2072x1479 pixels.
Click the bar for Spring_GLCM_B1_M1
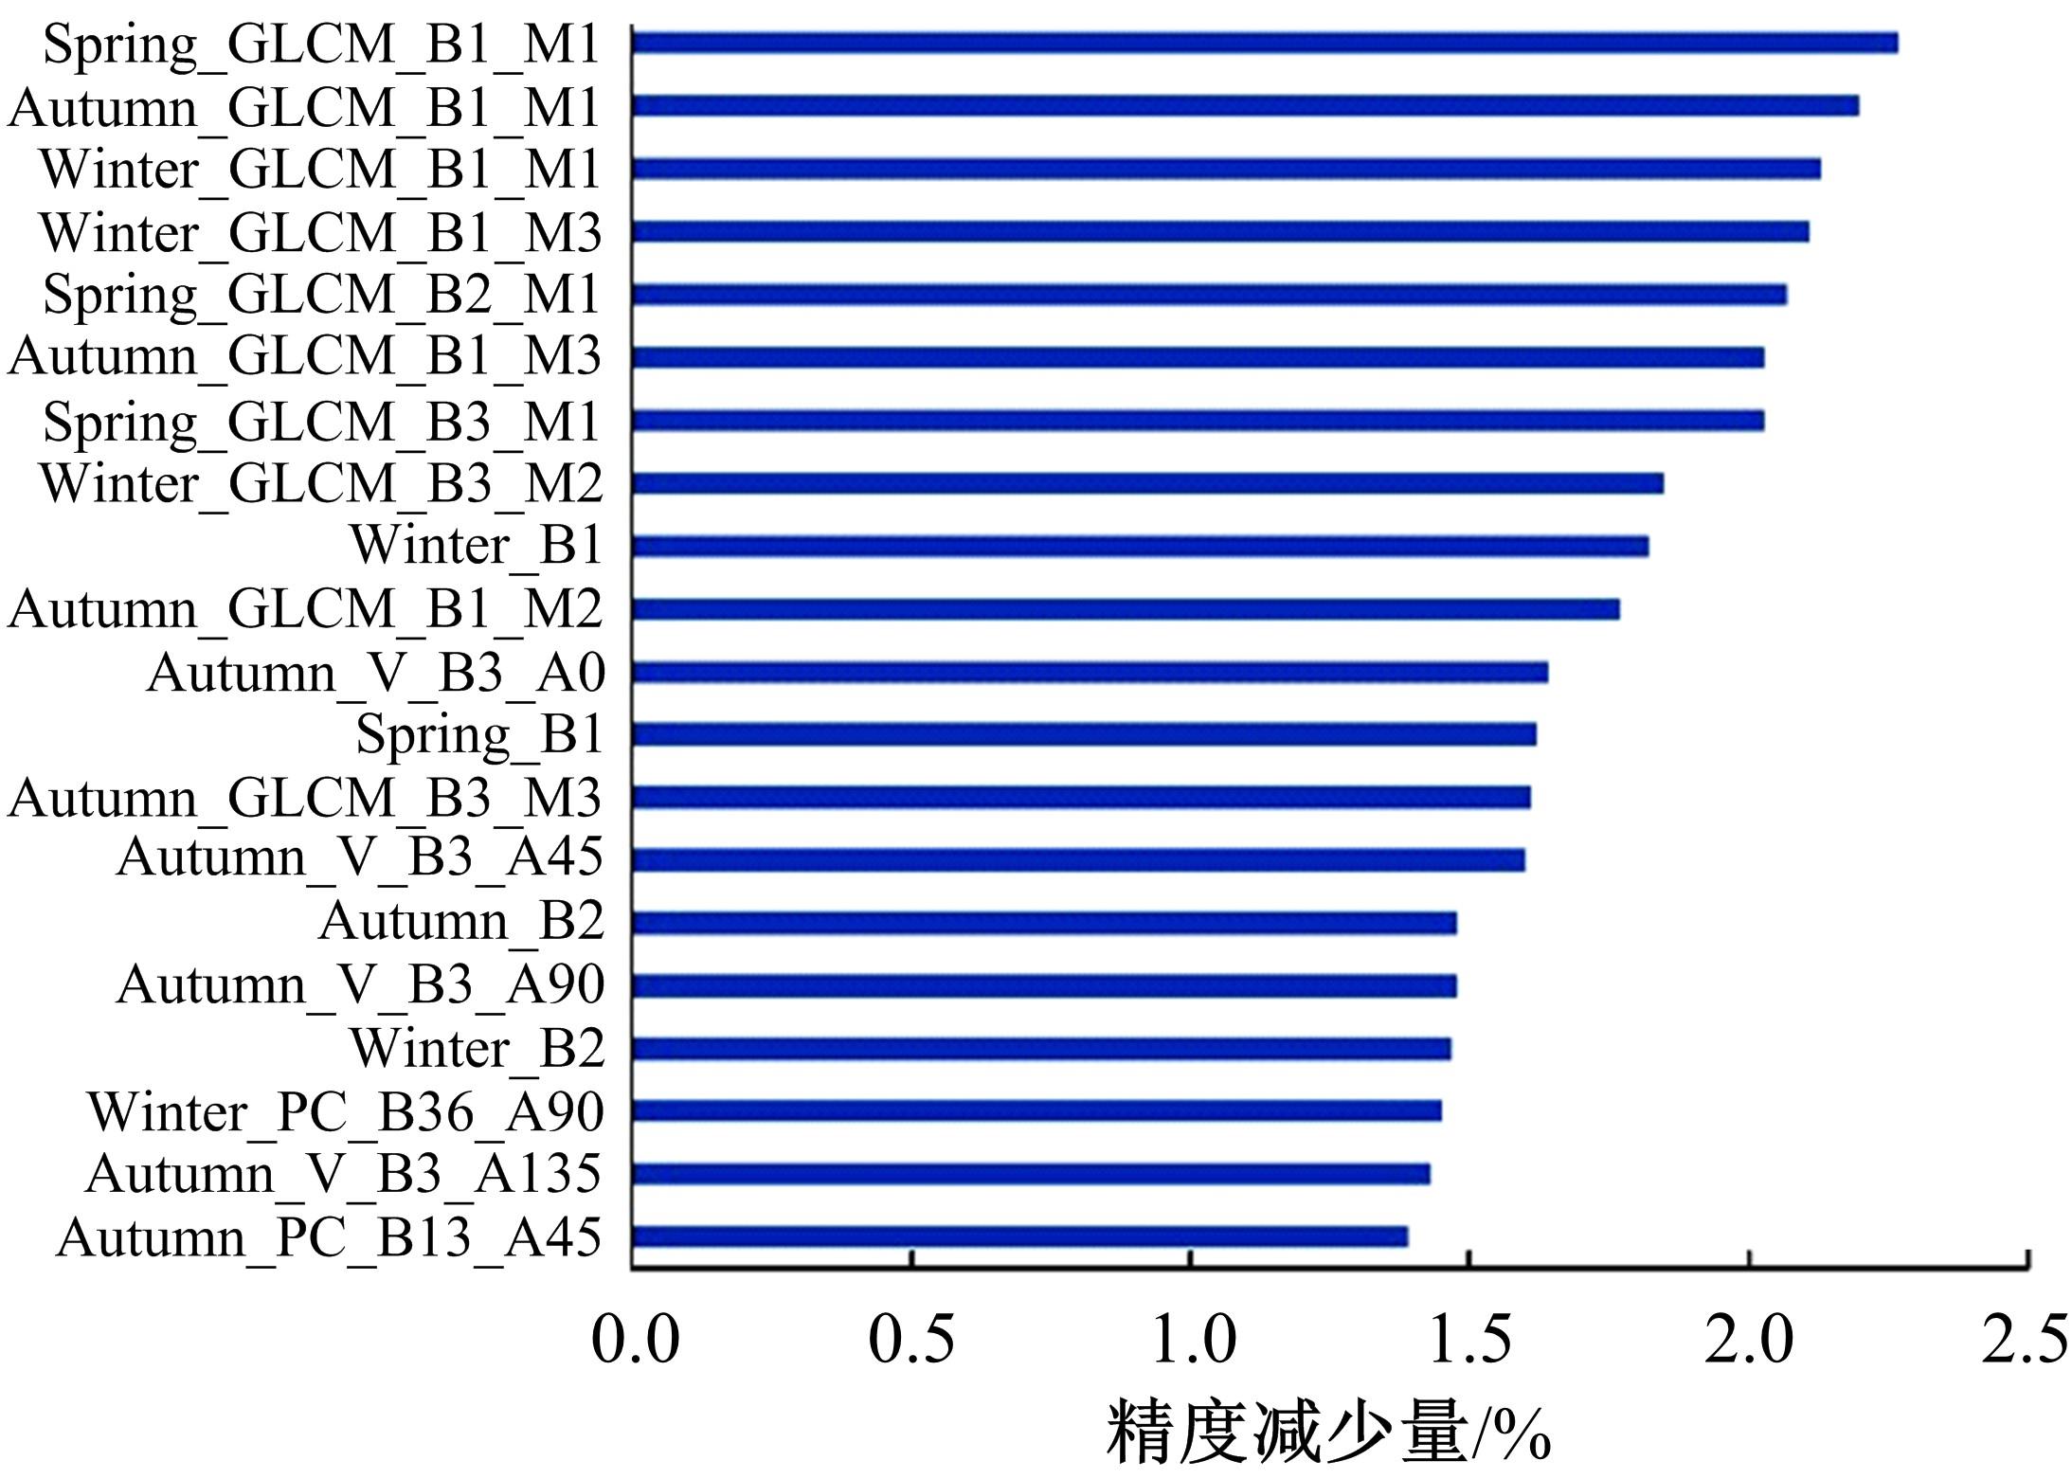tap(1265, 43)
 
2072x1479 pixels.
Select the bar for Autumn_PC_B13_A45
tap(1019, 1236)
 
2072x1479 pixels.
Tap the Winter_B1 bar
tap(1140, 546)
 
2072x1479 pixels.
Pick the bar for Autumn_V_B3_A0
tap(1090, 672)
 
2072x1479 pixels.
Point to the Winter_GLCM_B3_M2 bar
tap(1147, 483)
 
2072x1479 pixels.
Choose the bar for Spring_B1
tap(1084, 734)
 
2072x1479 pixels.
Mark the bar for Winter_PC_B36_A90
tap(1036, 1110)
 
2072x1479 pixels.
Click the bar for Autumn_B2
tap(1044, 923)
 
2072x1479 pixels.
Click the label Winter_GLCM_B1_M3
tap(320, 233)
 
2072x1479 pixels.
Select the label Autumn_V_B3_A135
tap(343, 1175)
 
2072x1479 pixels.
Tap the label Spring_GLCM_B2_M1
tap(321, 295)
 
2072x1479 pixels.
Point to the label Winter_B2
tap(477, 1049)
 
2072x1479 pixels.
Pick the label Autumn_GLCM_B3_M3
tap(305, 798)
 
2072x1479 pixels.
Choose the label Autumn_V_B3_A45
tap(359, 858)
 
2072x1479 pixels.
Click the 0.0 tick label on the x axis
tap(635, 1340)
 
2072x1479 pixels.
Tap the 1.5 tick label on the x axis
tap(1468, 1340)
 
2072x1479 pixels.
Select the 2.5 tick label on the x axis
tap(2024, 1340)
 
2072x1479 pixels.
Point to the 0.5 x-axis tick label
tap(911, 1340)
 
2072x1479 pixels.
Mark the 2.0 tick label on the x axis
tap(1748, 1340)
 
